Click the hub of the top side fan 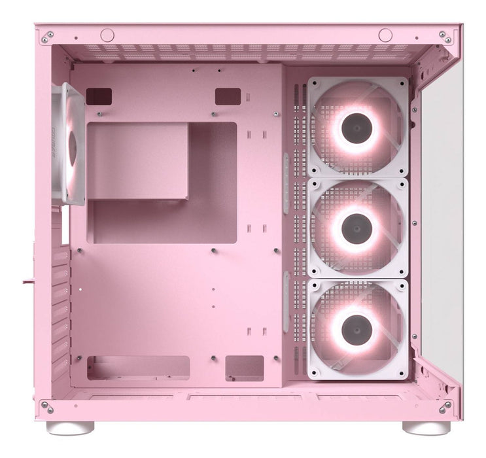click(x=357, y=128)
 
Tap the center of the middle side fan click(x=357, y=228)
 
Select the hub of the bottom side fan click(x=357, y=329)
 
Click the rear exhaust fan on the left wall click(x=69, y=144)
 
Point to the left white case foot click(x=70, y=428)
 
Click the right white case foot click(x=426, y=428)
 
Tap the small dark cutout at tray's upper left click(x=99, y=96)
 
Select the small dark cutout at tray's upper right click(x=228, y=96)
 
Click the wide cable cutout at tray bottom click(x=139, y=368)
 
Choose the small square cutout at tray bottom click(x=244, y=368)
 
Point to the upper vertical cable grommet click(x=286, y=183)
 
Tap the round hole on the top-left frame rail click(x=107, y=35)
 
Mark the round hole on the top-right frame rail click(x=385, y=35)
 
